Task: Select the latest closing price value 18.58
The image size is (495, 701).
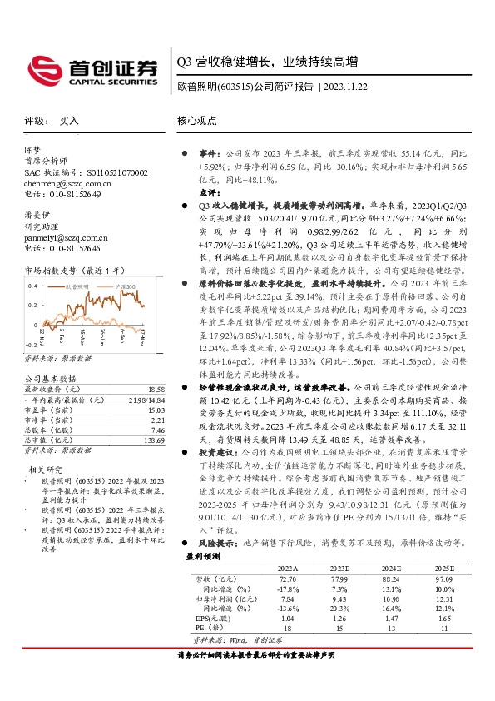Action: (x=156, y=390)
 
